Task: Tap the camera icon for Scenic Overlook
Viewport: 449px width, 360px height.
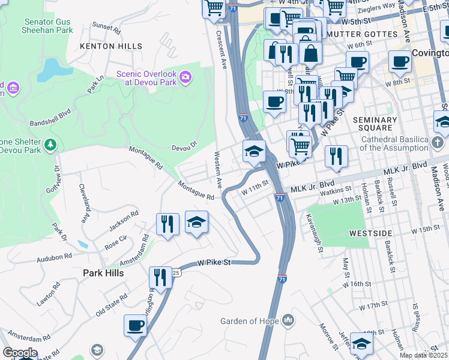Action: tap(186, 77)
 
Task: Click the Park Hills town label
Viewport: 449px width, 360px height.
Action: tap(103, 272)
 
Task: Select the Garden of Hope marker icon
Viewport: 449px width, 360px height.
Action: tap(289, 320)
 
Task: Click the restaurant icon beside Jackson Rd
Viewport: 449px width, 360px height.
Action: tap(168, 224)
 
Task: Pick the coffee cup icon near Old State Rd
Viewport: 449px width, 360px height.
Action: tap(136, 326)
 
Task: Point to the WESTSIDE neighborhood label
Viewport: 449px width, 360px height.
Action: tap(385, 233)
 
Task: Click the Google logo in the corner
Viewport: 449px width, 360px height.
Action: tap(20, 353)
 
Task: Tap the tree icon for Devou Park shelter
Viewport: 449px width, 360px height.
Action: tap(51, 144)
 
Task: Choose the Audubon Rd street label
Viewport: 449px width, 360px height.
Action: tap(54, 256)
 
